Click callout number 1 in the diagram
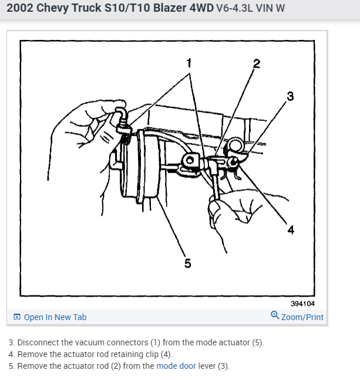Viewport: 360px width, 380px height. pos(189,63)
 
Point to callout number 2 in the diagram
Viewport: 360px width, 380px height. pos(257,64)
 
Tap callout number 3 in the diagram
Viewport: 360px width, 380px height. pos(290,96)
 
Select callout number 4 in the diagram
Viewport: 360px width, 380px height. pos(291,230)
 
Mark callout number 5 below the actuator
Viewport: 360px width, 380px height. pos(188,263)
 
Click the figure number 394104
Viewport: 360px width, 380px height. pos(302,304)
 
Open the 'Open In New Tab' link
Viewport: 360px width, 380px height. pos(55,317)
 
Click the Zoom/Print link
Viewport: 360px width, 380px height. pos(302,317)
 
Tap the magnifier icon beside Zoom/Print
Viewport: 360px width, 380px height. pos(275,315)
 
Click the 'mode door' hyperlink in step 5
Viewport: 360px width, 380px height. pos(176,366)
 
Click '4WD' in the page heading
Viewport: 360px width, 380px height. pos(201,8)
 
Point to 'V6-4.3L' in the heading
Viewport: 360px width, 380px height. pos(234,8)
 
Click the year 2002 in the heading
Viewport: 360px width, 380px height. pos(19,8)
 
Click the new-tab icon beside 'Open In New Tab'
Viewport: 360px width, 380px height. pos(17,317)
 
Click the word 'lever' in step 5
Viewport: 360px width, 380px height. pos(207,366)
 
